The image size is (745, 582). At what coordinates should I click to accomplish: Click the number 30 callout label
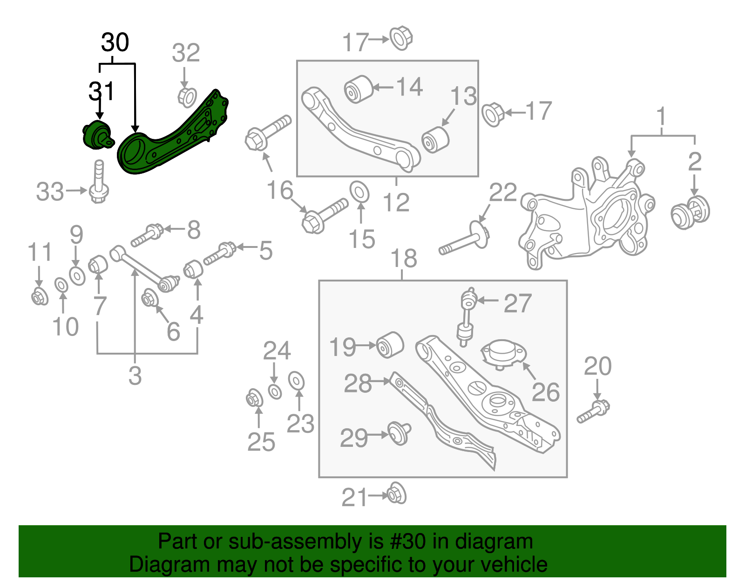pos(115,42)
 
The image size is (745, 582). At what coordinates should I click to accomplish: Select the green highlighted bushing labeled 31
pos(96,135)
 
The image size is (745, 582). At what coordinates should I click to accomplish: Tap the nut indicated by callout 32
pos(187,96)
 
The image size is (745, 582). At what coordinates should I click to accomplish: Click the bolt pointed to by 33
pos(99,184)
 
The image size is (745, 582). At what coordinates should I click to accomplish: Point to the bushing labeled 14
pos(358,89)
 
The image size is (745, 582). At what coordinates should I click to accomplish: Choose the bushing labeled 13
pos(435,139)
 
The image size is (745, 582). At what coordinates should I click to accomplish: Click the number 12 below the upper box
pos(396,203)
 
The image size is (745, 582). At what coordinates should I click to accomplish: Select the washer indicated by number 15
pos(359,192)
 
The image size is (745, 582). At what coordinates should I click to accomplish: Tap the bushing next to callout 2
pos(690,212)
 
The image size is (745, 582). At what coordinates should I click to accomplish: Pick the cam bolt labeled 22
pos(466,240)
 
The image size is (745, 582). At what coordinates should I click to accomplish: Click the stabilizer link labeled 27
pos(467,317)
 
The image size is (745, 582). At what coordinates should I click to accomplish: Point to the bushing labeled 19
pos(390,345)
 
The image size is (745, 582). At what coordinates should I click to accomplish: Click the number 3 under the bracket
pos(135,376)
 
